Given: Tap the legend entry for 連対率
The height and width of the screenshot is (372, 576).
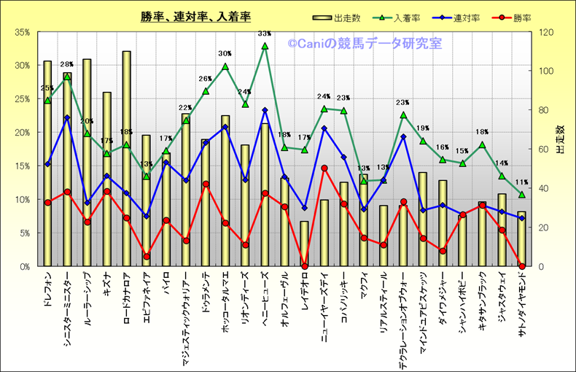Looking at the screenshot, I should tap(465, 17).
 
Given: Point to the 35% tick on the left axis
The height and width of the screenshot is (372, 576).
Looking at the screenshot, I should tap(21, 32).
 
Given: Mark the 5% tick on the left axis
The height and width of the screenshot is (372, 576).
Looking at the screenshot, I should tap(23, 233).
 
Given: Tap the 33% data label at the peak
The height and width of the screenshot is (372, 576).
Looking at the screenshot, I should tap(265, 34).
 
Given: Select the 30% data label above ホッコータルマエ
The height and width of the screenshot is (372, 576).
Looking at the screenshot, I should tap(225, 54).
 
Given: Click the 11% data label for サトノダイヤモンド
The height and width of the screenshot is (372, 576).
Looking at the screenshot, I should tap(521, 183).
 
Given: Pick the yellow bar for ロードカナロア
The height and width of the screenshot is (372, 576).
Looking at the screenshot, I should tap(127, 160).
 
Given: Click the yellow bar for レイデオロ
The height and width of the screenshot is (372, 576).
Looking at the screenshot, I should tap(304, 244).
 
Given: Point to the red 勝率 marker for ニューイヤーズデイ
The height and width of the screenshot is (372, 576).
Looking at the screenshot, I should tap(324, 168).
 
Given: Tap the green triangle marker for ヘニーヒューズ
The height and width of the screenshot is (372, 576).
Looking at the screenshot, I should tap(265, 46).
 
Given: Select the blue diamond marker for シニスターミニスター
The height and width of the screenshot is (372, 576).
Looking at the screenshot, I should tap(67, 118).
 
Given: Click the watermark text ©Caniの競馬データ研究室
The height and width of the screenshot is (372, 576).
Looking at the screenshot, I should tap(365, 44).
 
